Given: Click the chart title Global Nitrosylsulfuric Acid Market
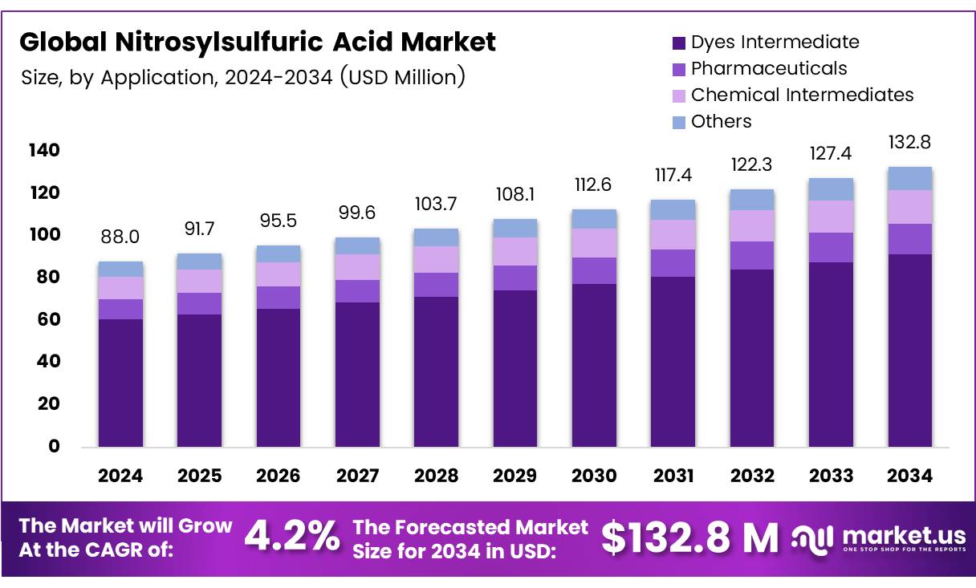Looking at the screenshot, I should click(x=258, y=42).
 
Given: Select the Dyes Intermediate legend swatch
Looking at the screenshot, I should click(x=677, y=43).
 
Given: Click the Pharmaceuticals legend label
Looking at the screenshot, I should click(x=768, y=68).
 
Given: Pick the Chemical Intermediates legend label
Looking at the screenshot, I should click(x=802, y=95).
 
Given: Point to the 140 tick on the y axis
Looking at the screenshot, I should click(x=44, y=150).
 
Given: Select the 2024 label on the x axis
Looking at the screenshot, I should click(x=120, y=476).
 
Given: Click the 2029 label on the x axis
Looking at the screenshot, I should click(x=514, y=476).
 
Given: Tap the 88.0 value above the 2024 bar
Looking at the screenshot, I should click(x=120, y=237).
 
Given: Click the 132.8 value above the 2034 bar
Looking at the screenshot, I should click(x=909, y=142).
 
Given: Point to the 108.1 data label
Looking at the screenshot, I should click(x=514, y=195).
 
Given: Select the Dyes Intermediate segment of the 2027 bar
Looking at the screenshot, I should click(x=357, y=374).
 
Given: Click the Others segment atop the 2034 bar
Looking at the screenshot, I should click(x=909, y=178).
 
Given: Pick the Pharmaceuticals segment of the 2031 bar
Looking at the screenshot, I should click(x=673, y=263).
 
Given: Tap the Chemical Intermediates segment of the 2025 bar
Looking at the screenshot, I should click(x=199, y=281).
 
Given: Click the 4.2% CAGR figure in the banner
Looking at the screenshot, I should click(x=291, y=537).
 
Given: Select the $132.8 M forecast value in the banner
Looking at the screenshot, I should click(x=689, y=537).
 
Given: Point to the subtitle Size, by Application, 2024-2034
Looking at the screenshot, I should click(x=243, y=78).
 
